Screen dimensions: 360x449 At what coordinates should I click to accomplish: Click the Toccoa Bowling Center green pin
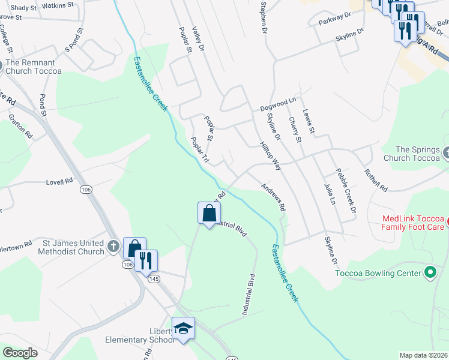click(x=430, y=274)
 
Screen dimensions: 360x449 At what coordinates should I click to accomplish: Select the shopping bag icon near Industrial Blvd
click(x=209, y=214)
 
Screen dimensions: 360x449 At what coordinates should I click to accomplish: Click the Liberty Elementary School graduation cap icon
click(x=184, y=328)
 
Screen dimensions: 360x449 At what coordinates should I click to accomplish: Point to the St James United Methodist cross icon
click(x=113, y=246)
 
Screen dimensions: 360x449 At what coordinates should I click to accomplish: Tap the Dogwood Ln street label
click(x=278, y=107)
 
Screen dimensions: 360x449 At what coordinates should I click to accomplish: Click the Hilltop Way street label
click(x=271, y=155)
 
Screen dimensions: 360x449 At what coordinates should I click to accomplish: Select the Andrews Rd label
click(x=273, y=196)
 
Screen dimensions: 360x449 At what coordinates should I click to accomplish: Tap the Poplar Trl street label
click(x=199, y=151)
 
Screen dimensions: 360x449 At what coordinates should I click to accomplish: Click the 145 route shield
click(x=155, y=279)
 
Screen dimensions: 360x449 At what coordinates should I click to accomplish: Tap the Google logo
click(x=20, y=353)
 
